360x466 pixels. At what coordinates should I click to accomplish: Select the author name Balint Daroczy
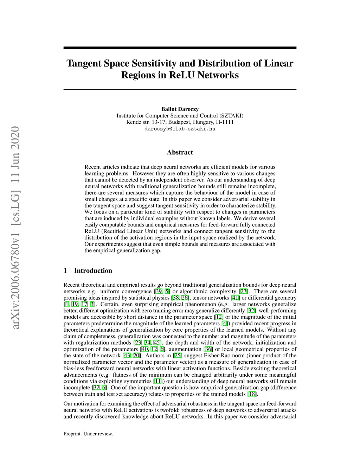180,109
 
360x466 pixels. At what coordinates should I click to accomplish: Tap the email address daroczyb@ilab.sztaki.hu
180,129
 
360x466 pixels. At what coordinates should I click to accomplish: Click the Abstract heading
180,152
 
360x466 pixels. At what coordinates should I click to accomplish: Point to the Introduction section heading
93,270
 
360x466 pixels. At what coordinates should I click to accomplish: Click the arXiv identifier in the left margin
15,229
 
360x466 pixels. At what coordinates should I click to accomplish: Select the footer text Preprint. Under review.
88,434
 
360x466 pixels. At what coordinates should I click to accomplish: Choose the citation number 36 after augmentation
208,349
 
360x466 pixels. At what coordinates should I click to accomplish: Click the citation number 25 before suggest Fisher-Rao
178,356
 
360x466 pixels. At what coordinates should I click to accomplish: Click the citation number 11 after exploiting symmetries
158,381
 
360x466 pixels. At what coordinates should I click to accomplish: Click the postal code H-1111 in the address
225,122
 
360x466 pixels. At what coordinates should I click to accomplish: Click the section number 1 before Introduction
65,270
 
